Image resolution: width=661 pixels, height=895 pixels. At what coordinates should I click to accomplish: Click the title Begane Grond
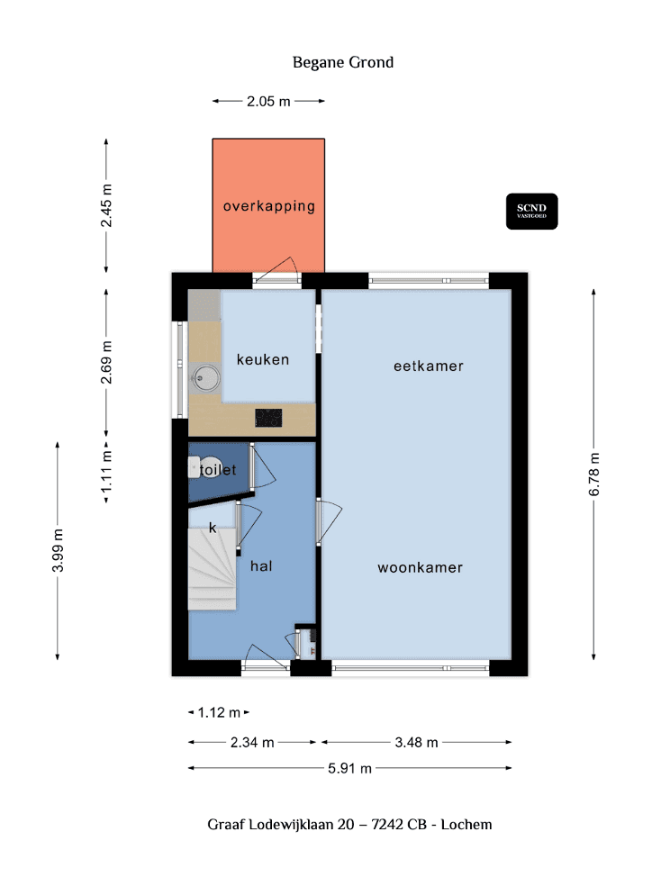(x=343, y=63)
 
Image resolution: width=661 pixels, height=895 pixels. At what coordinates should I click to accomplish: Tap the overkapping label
(x=269, y=206)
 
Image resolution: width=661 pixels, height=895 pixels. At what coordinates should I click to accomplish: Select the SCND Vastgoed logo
(x=531, y=211)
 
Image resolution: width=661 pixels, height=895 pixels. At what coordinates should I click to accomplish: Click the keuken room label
(x=263, y=360)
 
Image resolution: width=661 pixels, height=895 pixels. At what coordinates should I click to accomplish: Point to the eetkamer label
(x=429, y=366)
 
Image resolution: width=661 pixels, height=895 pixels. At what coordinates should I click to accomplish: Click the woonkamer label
(x=420, y=568)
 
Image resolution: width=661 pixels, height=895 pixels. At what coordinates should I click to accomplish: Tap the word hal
(x=261, y=566)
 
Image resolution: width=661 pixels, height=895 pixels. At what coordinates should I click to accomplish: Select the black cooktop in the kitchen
(x=268, y=418)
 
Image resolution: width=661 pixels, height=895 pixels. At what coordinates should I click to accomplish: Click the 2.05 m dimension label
(x=268, y=102)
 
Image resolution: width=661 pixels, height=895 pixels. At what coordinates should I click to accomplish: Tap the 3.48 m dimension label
(x=416, y=743)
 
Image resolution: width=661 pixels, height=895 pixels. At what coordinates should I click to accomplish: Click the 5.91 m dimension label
(x=349, y=769)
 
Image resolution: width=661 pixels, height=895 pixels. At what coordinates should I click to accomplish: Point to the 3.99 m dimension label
(x=59, y=550)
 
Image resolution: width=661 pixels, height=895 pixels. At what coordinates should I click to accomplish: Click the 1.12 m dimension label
(x=220, y=713)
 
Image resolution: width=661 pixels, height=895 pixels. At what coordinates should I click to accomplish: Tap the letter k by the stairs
(x=213, y=528)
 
